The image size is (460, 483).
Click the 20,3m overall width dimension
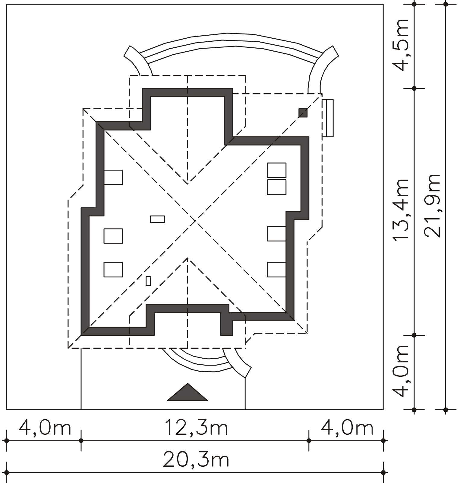point(196,460)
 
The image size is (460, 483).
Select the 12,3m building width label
point(196,428)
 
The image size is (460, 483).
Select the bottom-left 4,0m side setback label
point(45,428)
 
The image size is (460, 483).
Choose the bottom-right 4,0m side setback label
point(347,428)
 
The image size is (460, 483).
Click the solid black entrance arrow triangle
point(187,392)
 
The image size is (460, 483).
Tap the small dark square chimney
point(303,113)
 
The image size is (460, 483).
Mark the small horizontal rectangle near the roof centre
point(158,219)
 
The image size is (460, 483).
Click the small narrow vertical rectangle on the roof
point(148,281)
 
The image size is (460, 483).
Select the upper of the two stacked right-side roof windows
point(277,170)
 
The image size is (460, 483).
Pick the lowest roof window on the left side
point(113,270)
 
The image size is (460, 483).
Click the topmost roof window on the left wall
point(113,177)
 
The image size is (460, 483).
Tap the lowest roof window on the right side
point(276,270)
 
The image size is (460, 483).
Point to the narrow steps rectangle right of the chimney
point(328,118)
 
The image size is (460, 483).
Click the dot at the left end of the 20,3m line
point(6,472)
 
